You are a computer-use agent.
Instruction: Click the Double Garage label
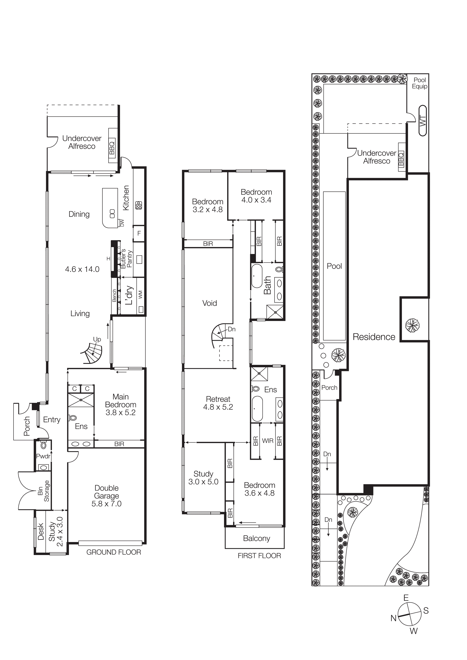(106, 496)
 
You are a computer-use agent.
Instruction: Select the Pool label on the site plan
(334, 266)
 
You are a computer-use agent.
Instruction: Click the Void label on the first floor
(209, 303)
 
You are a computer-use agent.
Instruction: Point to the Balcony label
(256, 538)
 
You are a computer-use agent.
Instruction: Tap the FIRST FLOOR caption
(259, 556)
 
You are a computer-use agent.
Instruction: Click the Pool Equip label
(420, 83)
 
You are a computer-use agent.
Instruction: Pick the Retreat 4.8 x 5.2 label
(218, 403)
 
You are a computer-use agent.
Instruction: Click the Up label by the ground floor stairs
(97, 339)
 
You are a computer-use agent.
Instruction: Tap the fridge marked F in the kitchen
(139, 233)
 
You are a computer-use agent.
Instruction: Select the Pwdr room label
(43, 456)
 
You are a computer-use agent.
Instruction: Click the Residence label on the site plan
(374, 337)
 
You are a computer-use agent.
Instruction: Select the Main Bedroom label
(120, 405)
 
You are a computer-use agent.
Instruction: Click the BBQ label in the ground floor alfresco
(112, 146)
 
